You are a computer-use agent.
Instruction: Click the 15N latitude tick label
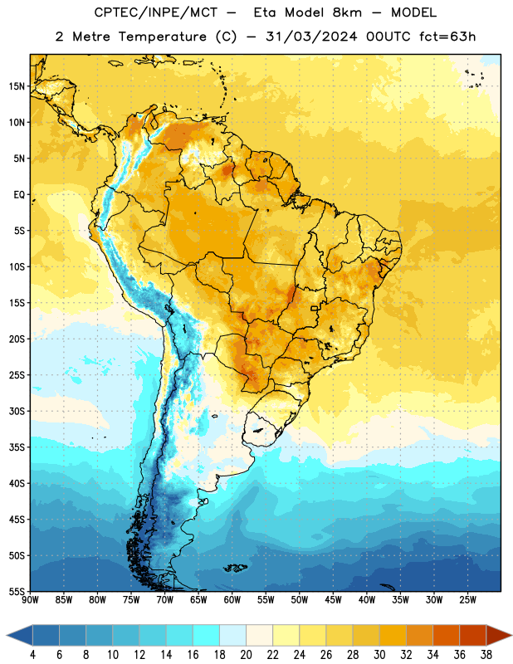click(17, 86)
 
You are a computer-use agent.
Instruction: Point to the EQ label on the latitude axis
click(19, 195)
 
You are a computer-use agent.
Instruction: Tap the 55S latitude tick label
click(17, 591)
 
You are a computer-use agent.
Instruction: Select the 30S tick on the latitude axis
click(17, 411)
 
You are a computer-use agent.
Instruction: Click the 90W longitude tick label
click(30, 600)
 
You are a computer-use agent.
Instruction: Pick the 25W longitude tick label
click(467, 600)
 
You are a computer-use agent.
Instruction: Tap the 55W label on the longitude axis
click(266, 600)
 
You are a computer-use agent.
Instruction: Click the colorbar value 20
click(246, 655)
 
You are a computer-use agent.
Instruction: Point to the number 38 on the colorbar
click(486, 655)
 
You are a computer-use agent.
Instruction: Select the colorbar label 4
click(32, 655)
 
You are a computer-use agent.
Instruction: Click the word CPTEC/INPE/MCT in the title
click(155, 12)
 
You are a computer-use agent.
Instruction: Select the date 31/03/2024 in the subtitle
click(311, 37)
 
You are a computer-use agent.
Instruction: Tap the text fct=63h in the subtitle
click(447, 37)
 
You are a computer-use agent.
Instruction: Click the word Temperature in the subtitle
click(162, 37)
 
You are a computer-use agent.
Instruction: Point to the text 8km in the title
click(347, 12)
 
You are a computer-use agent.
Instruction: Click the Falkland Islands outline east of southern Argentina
click(235, 568)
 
